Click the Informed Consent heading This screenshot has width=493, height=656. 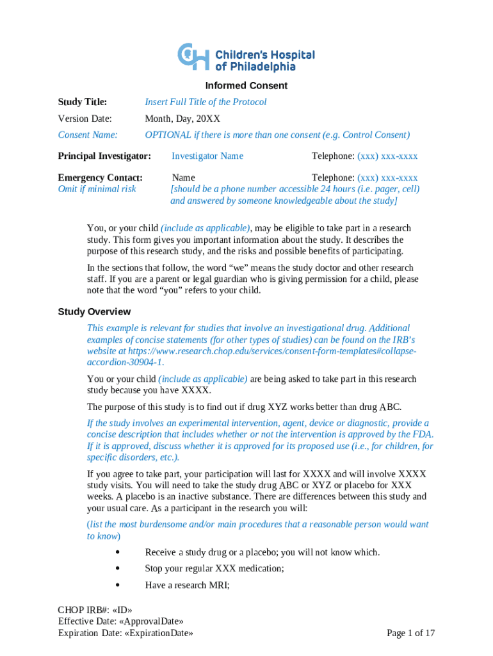pyautogui.click(x=246, y=86)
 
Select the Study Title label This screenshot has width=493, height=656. pyautogui.click(x=82, y=102)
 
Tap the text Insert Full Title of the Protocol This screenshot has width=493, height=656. pyautogui.click(x=206, y=102)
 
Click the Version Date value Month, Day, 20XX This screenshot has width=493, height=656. pyautogui.click(x=182, y=119)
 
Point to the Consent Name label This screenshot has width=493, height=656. pyautogui.click(x=88, y=135)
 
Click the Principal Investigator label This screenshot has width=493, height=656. pyautogui.click(x=104, y=156)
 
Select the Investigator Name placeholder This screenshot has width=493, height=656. pyautogui.click(x=207, y=156)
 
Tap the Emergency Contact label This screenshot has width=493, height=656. pyautogui.click(x=100, y=177)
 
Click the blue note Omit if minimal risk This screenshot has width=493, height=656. pyautogui.click(x=97, y=189)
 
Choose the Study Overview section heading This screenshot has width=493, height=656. pyautogui.click(x=94, y=312)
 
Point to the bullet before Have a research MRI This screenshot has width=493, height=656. pyautogui.click(x=118, y=585)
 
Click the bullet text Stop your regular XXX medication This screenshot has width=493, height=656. pyautogui.click(x=214, y=568)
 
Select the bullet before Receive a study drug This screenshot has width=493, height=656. pyautogui.click(x=118, y=552)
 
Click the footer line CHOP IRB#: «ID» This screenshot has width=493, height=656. pyautogui.click(x=95, y=610)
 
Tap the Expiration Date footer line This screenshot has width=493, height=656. pyautogui.click(x=125, y=634)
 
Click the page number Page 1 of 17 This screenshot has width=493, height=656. pyautogui.click(x=411, y=634)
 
